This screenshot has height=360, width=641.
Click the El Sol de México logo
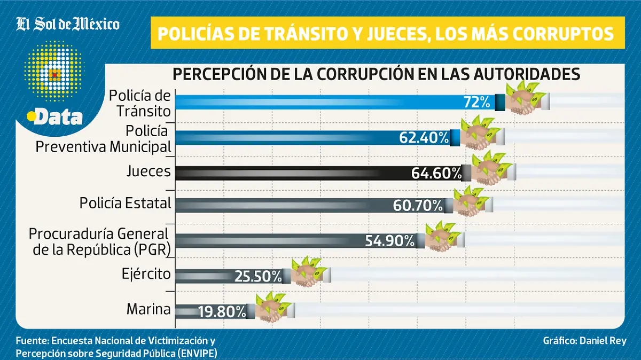(x=68, y=24)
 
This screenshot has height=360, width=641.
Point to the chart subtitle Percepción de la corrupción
(x=376, y=74)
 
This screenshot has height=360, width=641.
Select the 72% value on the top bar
(x=477, y=103)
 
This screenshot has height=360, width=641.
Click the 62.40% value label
(x=424, y=138)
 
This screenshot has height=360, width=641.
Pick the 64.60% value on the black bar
(x=436, y=173)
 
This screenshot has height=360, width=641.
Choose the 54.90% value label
(x=390, y=241)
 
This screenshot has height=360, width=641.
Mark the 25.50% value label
(x=258, y=276)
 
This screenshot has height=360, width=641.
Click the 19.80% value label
(x=222, y=311)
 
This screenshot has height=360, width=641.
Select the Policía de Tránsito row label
(x=140, y=103)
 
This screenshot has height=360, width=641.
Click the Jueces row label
(x=148, y=171)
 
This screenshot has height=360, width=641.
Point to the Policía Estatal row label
(x=125, y=203)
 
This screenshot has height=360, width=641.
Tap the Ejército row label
(x=145, y=275)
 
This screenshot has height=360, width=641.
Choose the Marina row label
(x=148, y=309)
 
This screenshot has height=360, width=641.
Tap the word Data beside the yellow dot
(x=59, y=117)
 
